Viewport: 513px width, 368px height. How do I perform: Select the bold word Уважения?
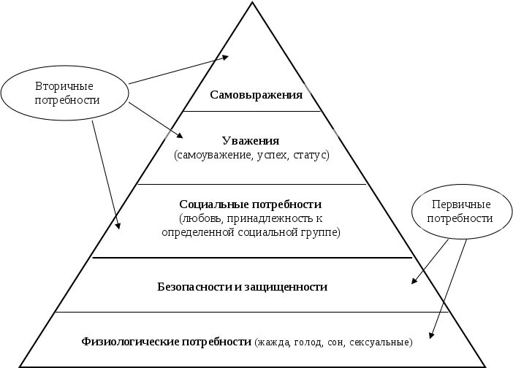pyautogui.click(x=251, y=141)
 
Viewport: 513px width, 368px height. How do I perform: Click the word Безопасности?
pyautogui.click(x=192, y=287)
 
